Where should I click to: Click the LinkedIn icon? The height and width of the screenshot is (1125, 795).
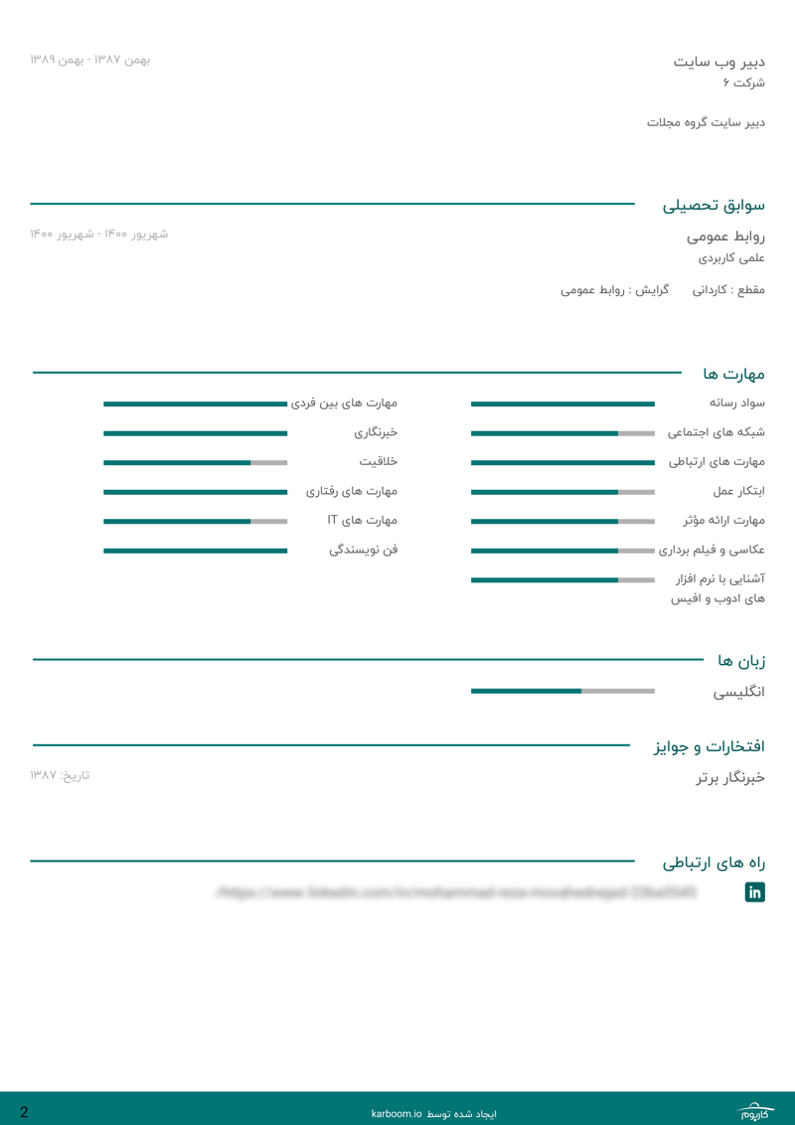pyautogui.click(x=755, y=892)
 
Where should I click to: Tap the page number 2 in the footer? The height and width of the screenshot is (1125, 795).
pyautogui.click(x=24, y=1112)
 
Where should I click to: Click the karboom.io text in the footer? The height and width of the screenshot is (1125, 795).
pyautogui.click(x=397, y=1114)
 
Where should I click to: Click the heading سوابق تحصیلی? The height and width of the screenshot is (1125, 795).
pyautogui.click(x=714, y=206)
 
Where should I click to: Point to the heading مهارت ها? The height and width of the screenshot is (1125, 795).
pyautogui.click(x=733, y=374)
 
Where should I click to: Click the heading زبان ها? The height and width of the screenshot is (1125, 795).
pyautogui.click(x=741, y=660)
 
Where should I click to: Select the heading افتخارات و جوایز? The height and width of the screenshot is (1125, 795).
pyautogui.click(x=709, y=745)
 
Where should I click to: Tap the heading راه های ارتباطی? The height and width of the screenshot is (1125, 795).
pyautogui.click(x=714, y=863)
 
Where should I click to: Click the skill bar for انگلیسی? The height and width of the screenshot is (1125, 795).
pyautogui.click(x=562, y=691)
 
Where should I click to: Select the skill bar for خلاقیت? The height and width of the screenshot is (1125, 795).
pyautogui.click(x=195, y=462)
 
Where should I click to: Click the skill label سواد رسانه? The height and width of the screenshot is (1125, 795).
pyautogui.click(x=736, y=402)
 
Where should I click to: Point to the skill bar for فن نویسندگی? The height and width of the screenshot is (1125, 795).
pyautogui.click(x=195, y=551)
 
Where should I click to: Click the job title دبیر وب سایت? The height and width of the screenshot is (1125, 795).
pyautogui.click(x=718, y=62)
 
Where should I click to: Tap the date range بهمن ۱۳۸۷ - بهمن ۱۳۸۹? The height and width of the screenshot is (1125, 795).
pyautogui.click(x=89, y=60)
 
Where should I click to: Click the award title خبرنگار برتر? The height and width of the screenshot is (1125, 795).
pyautogui.click(x=730, y=777)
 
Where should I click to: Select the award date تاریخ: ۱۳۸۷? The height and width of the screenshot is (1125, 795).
pyautogui.click(x=60, y=775)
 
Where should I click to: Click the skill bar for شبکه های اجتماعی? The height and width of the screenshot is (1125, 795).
pyautogui.click(x=562, y=433)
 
